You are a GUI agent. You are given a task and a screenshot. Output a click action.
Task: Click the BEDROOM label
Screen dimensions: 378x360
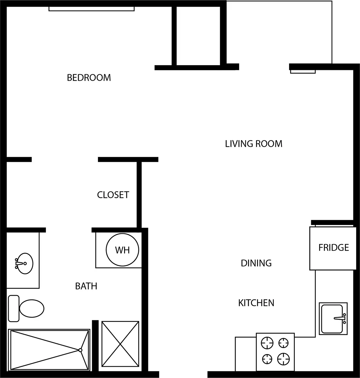[x=89, y=77]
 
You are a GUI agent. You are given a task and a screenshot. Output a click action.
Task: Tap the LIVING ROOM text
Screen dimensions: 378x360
[x=254, y=144]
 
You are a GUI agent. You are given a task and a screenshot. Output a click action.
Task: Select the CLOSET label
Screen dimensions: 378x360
[x=113, y=195]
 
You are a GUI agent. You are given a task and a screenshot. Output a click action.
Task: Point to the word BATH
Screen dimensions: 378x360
[x=86, y=286]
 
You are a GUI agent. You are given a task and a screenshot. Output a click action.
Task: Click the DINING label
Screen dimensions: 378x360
[x=256, y=263]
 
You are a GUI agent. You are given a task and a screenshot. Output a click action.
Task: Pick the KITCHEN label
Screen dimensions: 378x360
[x=256, y=303]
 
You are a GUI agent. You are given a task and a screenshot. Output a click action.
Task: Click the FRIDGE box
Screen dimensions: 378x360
[x=334, y=248]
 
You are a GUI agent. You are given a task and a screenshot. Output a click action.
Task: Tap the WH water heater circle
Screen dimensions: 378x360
[x=122, y=250]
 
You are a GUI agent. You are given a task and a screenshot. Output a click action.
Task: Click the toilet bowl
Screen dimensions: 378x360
[x=31, y=308]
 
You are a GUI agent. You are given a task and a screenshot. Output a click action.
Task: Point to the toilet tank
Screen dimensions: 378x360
[x=14, y=308]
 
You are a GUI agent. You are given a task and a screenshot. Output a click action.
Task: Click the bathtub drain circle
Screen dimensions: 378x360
[x=80, y=350]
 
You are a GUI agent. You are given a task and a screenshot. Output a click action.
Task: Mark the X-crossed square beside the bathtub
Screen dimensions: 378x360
[x=120, y=344]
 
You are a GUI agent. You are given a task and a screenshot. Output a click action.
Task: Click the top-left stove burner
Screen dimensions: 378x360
[x=268, y=343]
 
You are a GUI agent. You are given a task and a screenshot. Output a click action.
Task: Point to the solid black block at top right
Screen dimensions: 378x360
[x=346, y=31]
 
